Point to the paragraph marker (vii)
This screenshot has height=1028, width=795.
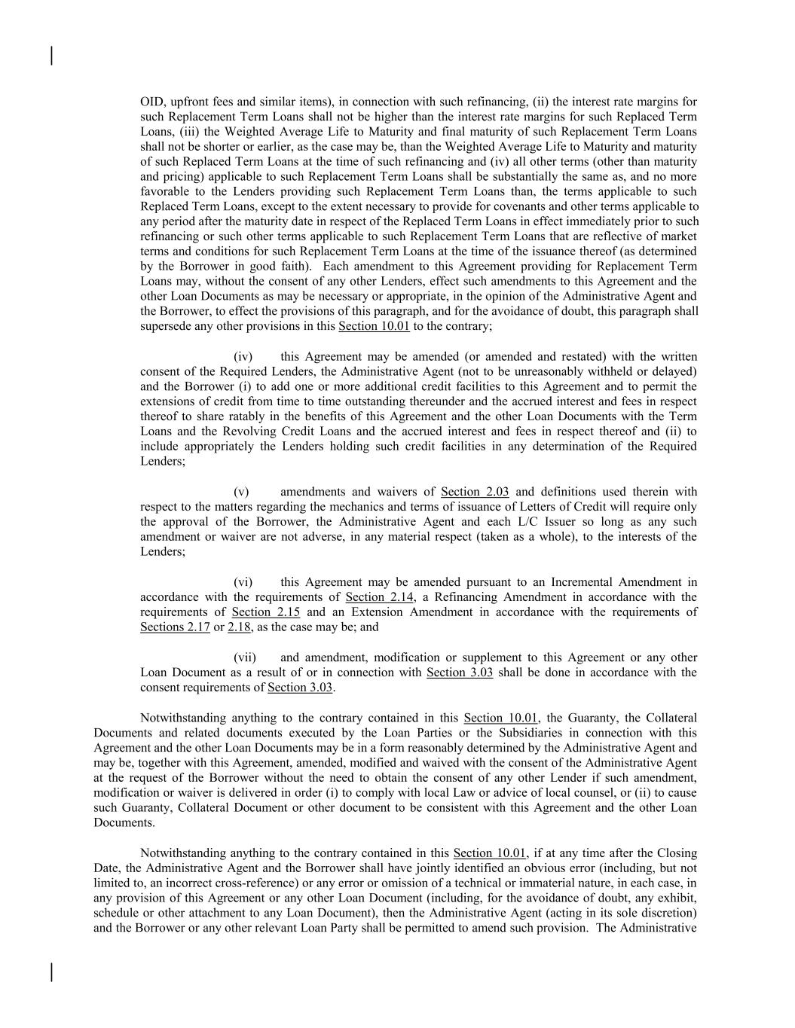(x=245, y=657)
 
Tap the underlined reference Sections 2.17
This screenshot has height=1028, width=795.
(x=175, y=627)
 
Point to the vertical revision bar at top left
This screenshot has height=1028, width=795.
(x=51, y=56)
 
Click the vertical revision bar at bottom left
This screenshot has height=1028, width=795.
(x=51, y=972)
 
